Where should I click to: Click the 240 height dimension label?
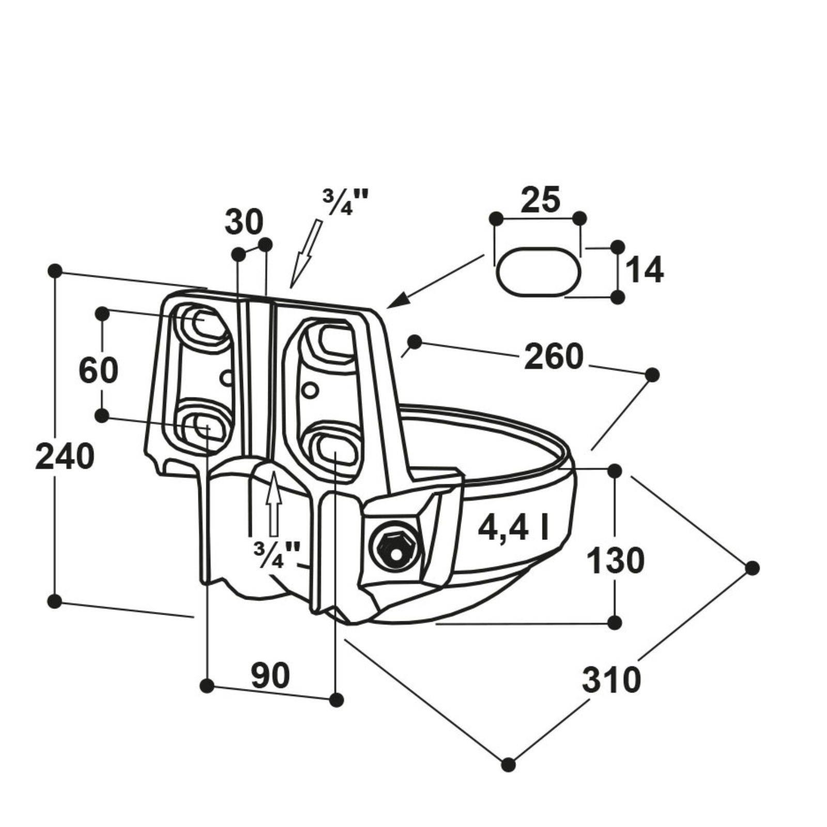[65, 457]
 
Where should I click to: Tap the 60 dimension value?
[98, 370]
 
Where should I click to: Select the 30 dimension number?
[244, 222]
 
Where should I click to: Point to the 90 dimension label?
[270, 676]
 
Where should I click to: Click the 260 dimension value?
[554, 357]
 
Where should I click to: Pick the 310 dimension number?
[611, 680]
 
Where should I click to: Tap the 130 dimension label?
[616, 561]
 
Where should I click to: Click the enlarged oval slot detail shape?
[538, 272]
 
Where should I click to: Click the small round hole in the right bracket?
[310, 390]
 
